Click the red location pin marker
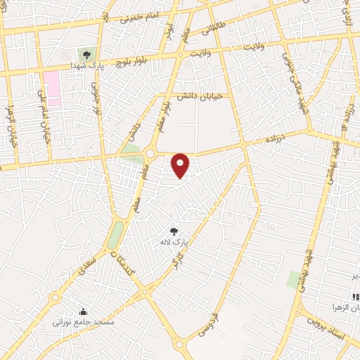181,165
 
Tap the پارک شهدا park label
85,65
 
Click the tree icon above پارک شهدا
86,54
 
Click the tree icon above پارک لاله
174,231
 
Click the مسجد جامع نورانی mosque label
82,322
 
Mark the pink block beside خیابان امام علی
51,88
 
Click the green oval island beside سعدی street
115,235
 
